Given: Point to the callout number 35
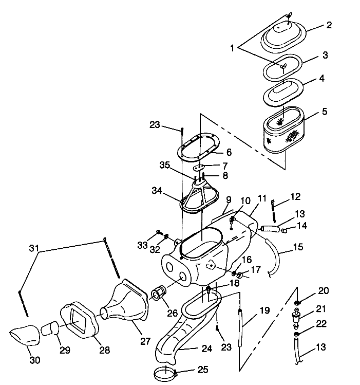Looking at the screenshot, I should pyautogui.click(x=165, y=166).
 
